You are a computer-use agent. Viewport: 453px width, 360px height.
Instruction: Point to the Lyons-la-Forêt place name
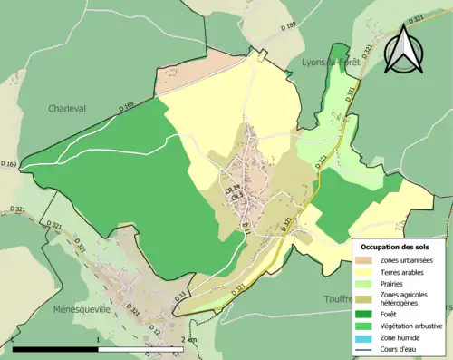coord(330,62)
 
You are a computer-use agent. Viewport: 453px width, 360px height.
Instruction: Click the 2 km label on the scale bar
coord(188,339)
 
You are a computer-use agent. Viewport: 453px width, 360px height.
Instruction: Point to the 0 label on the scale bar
coord(14,339)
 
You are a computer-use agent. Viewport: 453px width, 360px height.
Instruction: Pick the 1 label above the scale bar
coord(97,339)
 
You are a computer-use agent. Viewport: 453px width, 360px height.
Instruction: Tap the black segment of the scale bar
coord(56,349)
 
